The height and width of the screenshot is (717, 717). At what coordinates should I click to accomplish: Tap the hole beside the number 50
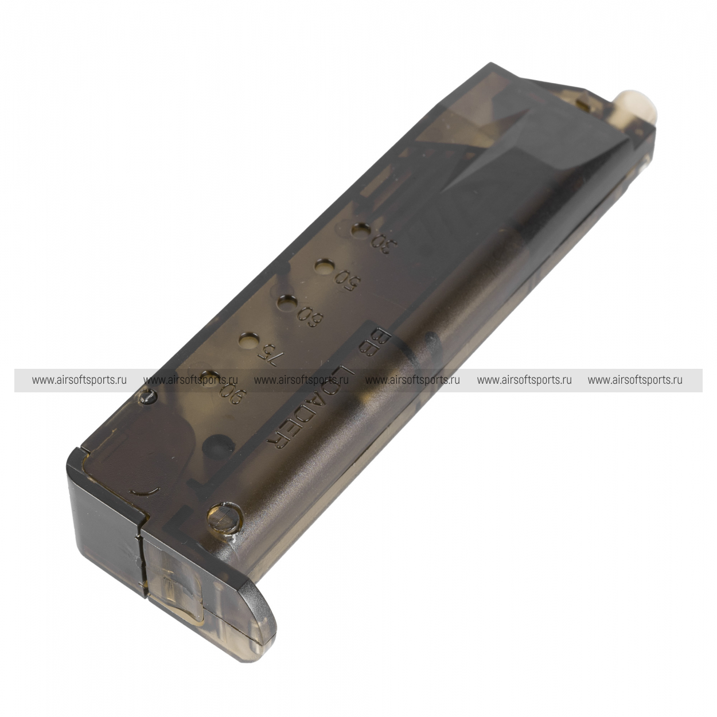[x=324, y=267]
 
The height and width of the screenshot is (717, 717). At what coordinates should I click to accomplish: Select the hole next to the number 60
[x=286, y=302]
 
